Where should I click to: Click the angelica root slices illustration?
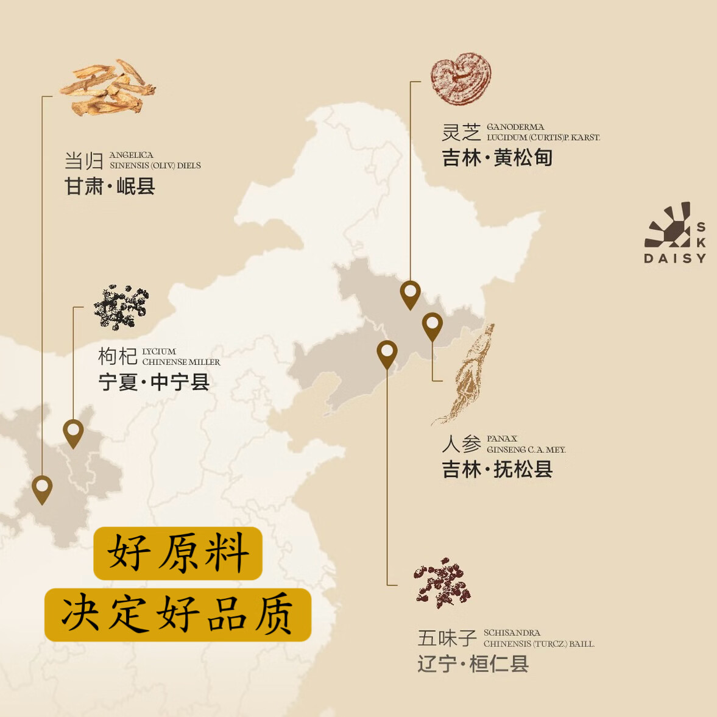point(108,87)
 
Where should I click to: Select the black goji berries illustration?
point(121,306)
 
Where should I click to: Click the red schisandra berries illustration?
point(442,584)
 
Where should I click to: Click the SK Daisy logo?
point(675,233)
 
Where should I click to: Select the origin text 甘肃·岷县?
point(110,186)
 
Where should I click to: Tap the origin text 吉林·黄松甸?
point(497,158)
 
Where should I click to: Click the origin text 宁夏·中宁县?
point(154,382)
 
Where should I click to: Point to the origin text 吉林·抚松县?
point(497,469)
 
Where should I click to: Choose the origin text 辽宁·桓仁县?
point(473,663)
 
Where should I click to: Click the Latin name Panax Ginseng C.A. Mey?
point(526,444)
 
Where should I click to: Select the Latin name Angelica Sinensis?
point(155,160)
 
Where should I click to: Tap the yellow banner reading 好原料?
point(178,553)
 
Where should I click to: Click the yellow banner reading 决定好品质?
point(178,615)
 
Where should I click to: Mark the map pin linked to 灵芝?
point(410,294)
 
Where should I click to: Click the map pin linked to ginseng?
point(432,325)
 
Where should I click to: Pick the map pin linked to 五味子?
point(387,353)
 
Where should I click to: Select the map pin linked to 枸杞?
point(73,433)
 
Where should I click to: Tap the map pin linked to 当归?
point(42,489)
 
